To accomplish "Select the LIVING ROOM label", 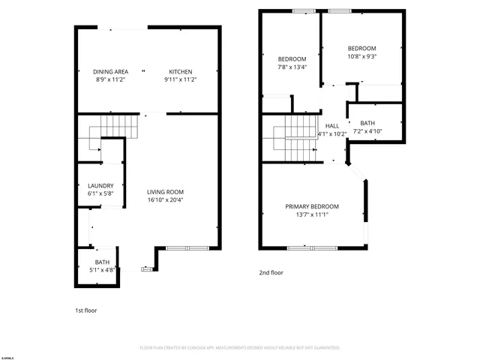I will point(165,192).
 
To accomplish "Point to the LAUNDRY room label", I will point(100,186).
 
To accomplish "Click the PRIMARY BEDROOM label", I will point(311,206).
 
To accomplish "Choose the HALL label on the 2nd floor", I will point(331,126).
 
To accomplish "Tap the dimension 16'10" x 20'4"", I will point(165,200).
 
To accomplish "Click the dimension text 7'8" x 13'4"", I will point(292,67).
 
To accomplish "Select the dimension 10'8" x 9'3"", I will point(361,56).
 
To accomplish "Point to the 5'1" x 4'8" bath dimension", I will point(102,270).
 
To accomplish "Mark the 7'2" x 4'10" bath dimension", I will point(367,131).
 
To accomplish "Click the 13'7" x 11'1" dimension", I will point(311,214).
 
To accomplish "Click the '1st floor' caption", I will point(85,310).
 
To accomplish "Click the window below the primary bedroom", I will point(311,247).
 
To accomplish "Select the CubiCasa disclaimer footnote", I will point(240,348).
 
